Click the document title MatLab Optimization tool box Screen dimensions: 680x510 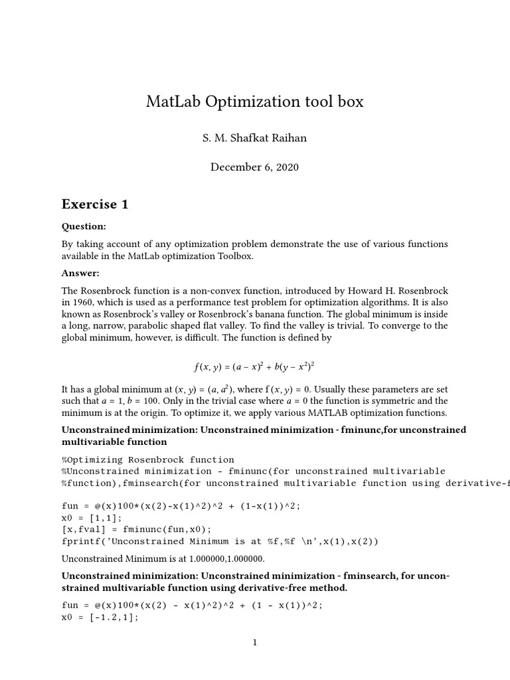[255, 102]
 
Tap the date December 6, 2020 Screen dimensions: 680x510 [255, 167]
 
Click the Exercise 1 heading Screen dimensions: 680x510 [95, 204]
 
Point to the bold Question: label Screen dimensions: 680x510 [84, 226]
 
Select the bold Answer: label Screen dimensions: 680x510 [80, 273]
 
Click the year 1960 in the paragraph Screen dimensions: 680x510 [84, 302]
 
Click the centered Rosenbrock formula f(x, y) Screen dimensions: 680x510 [254, 366]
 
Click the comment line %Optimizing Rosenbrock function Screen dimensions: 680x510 [148, 460]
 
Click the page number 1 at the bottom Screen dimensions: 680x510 [254, 642]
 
